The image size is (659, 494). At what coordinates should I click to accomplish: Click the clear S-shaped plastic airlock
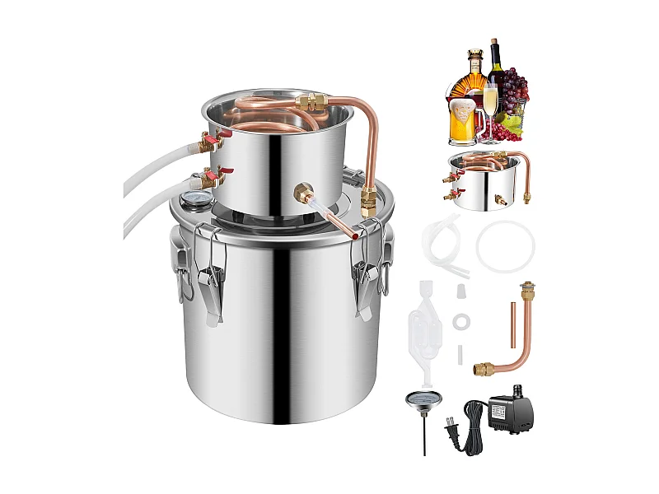pos(425,330)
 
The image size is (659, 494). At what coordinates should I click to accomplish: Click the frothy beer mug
pos(464,119)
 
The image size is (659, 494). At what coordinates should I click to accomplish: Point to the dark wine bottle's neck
pos(495,54)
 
